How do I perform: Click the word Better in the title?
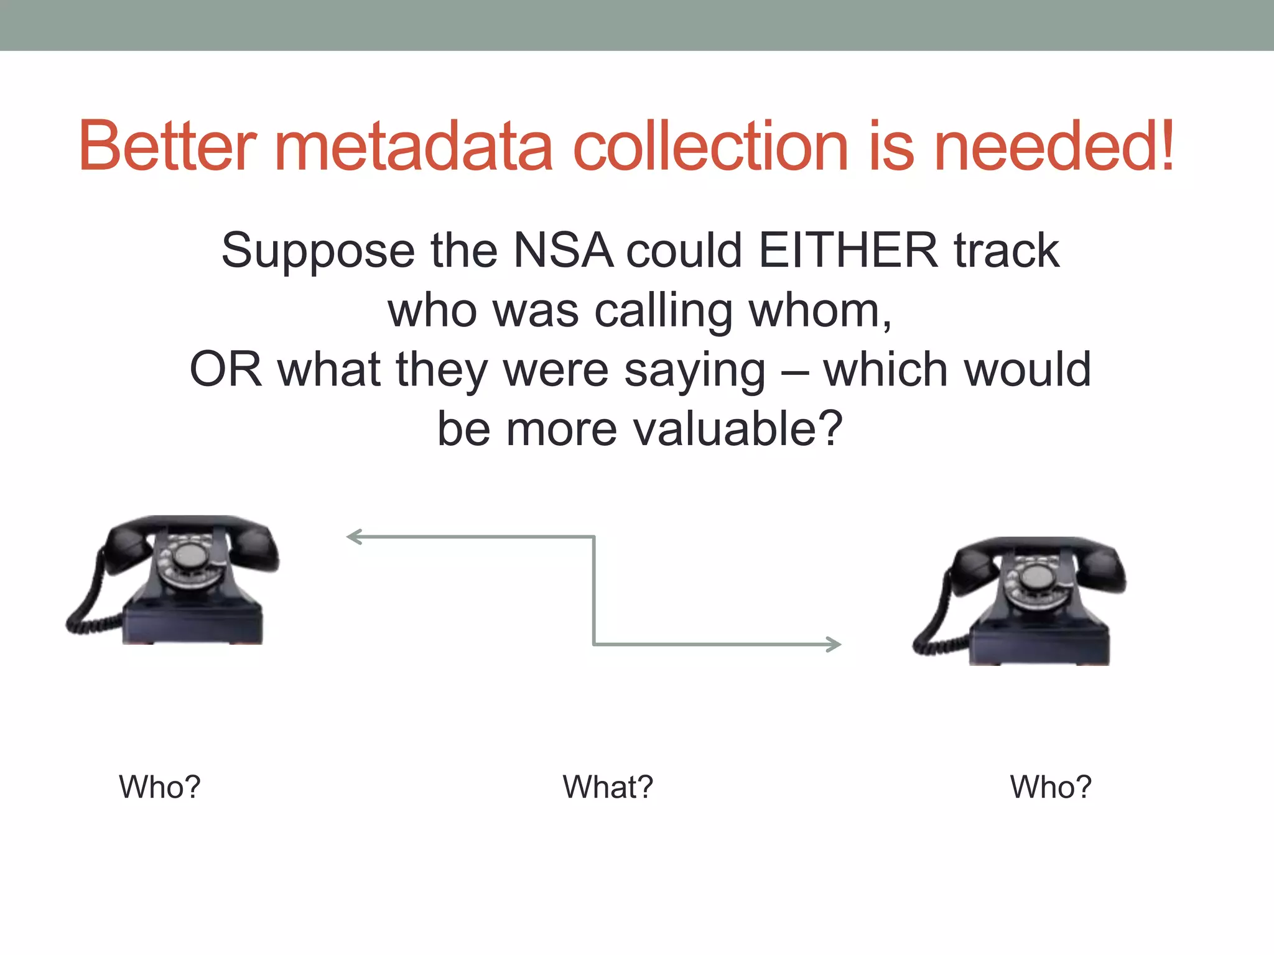(167, 146)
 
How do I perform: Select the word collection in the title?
(710, 146)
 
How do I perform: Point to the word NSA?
(563, 251)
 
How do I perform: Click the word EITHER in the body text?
(848, 251)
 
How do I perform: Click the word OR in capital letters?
(225, 370)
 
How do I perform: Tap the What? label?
(608, 787)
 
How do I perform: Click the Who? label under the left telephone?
(160, 787)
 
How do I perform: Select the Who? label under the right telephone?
(1051, 787)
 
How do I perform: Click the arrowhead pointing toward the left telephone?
(354, 537)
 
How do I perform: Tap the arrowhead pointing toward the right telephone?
(834, 644)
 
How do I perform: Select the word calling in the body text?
(663, 310)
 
